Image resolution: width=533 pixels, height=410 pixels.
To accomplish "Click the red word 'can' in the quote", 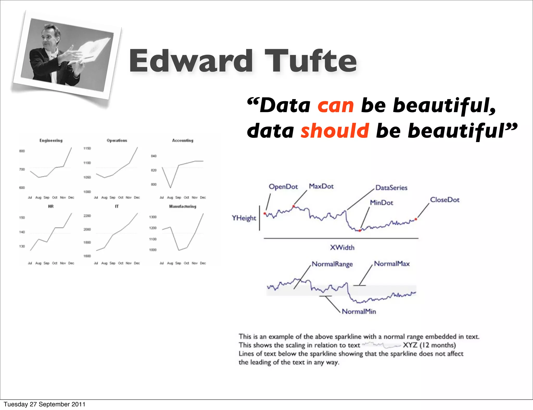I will coord(335,106).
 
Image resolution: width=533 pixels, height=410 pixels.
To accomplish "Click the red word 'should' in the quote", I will coord(335,131).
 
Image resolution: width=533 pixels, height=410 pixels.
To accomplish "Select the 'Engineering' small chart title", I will coord(51,140).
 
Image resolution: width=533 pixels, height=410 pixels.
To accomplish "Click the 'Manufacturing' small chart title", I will coord(183,206).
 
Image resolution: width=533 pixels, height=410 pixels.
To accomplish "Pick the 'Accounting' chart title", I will coord(183,140).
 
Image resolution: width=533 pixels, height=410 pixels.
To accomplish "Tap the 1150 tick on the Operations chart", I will coord(87,148).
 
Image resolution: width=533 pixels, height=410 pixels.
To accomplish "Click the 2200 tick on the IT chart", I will coord(87,216).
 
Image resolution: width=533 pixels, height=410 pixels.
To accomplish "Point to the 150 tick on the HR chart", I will coord(22,217).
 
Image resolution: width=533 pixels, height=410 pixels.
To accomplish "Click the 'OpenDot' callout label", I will coord(283,187).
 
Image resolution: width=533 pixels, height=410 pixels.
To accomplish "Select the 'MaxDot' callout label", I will coord(321,186).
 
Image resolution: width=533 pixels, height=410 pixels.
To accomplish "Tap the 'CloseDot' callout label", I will coord(445,200).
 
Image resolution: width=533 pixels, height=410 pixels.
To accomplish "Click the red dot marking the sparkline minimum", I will coord(360,230).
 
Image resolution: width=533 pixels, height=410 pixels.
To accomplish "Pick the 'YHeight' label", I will coord(244,218).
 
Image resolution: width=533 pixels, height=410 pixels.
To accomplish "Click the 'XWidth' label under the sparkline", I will coord(342,247).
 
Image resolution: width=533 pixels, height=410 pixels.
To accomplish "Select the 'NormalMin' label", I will coord(359,311).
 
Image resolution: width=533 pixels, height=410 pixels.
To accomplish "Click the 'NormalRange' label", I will coord(332,264).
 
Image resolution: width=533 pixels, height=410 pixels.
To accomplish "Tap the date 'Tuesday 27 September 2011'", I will coord(45,404).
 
